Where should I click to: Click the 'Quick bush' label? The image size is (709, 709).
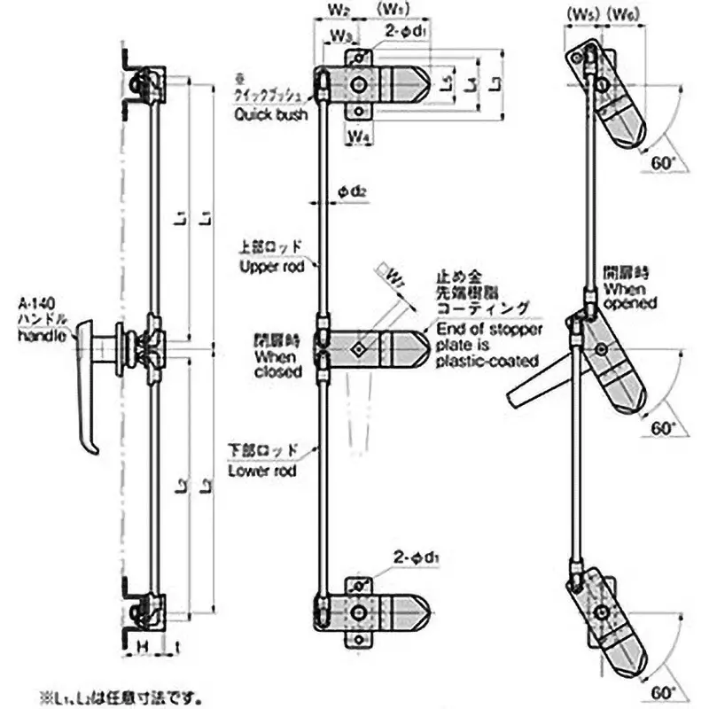click(271, 114)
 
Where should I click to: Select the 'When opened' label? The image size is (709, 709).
click(630, 295)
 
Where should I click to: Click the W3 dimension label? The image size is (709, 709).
click(343, 35)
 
